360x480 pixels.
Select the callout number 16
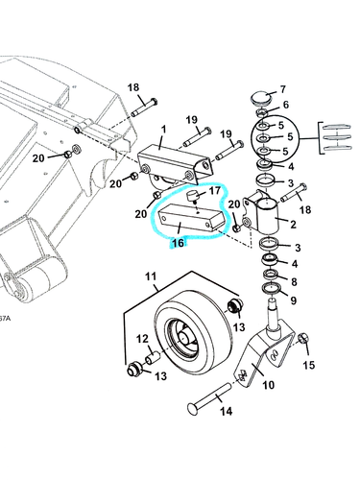(x=177, y=244)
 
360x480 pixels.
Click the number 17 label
(x=215, y=192)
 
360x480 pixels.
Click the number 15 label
(x=308, y=365)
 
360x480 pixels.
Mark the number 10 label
(x=268, y=384)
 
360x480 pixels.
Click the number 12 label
(x=140, y=338)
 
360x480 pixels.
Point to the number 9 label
(x=294, y=299)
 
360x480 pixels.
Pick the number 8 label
(x=294, y=281)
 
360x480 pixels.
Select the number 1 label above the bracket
(x=163, y=128)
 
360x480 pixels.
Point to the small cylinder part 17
(x=192, y=196)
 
